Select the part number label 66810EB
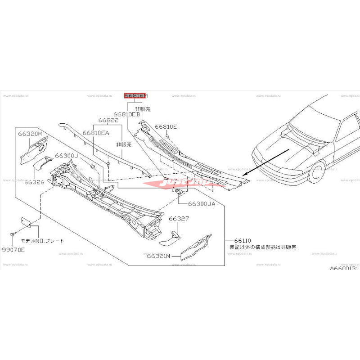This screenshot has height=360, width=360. (x=127, y=114)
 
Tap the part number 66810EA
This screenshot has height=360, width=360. (x=96, y=133)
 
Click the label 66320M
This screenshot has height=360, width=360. (x=30, y=134)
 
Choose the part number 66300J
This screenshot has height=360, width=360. (x=67, y=155)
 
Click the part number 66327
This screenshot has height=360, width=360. (x=179, y=218)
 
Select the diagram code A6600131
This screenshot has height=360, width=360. (x=344, y=268)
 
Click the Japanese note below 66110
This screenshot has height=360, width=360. (x=263, y=247)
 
